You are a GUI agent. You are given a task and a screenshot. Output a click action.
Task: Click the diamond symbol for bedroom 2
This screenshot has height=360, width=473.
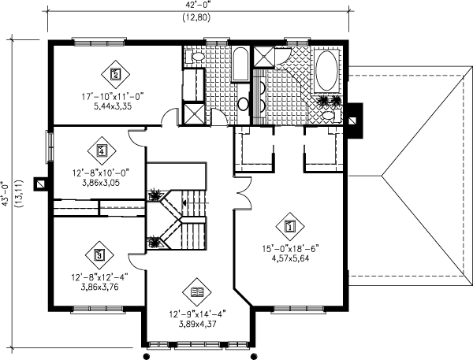[115, 75]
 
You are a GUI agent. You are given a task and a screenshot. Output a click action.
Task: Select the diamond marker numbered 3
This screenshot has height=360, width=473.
[99, 254]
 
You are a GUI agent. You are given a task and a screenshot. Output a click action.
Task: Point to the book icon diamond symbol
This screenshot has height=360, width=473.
[197, 293]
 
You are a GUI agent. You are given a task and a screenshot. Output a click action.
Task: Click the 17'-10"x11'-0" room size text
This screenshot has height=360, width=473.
[115, 97]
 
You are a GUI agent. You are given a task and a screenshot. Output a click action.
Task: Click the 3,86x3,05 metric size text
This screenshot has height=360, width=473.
[101, 180]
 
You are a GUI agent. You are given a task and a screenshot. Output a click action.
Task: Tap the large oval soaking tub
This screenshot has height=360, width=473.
[325, 72]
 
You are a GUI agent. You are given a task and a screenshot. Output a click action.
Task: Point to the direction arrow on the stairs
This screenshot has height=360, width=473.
[184, 203]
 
